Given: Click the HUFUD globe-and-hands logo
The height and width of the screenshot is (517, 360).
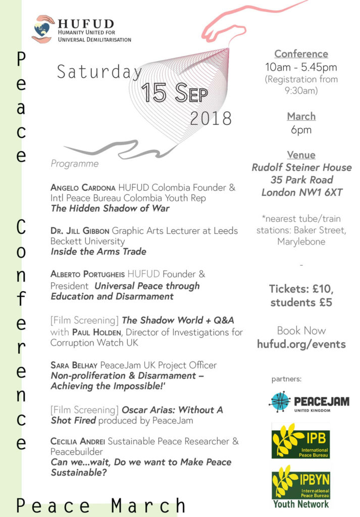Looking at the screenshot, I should (x=42, y=29).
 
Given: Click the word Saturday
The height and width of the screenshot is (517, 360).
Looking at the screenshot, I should (x=99, y=72).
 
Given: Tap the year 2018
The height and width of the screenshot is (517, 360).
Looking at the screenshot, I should (x=211, y=118).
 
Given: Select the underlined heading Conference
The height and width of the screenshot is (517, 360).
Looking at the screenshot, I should (x=301, y=54).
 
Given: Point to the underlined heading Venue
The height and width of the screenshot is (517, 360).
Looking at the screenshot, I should (x=301, y=155).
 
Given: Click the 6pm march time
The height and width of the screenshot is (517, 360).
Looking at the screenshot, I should (x=301, y=130).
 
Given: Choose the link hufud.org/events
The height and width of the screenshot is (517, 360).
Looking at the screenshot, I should (x=301, y=344).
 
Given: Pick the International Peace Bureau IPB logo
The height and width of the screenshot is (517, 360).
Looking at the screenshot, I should (x=300, y=441).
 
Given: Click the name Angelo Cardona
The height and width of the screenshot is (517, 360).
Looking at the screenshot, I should (x=83, y=188).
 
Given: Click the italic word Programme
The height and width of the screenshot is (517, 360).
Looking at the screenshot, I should (x=75, y=164).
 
